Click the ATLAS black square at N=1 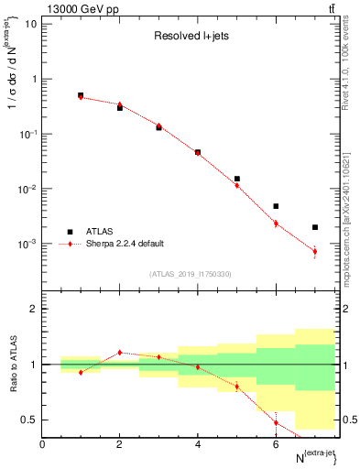81,95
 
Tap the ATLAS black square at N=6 276,206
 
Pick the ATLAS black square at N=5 236,179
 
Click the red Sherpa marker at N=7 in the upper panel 314,251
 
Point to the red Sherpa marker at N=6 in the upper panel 276,223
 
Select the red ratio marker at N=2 119,352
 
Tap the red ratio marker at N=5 236,387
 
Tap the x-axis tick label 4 197,444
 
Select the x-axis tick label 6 276,444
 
